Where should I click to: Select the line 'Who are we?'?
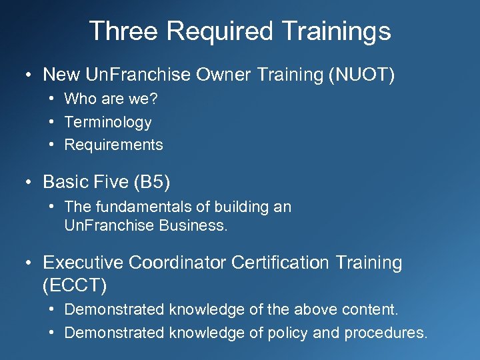pyautogui.click(x=111, y=99)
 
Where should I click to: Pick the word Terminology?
pyautogui.click(x=108, y=122)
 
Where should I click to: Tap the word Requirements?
pyautogui.click(x=113, y=145)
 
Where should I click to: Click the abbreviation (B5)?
pyautogui.click(x=155, y=181)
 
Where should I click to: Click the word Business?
pyautogui.click(x=193, y=225)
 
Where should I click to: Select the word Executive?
pyautogui.click(x=83, y=263)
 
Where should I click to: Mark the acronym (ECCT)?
pyautogui.click(x=74, y=285)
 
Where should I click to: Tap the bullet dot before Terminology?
pyautogui.click(x=51, y=122)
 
